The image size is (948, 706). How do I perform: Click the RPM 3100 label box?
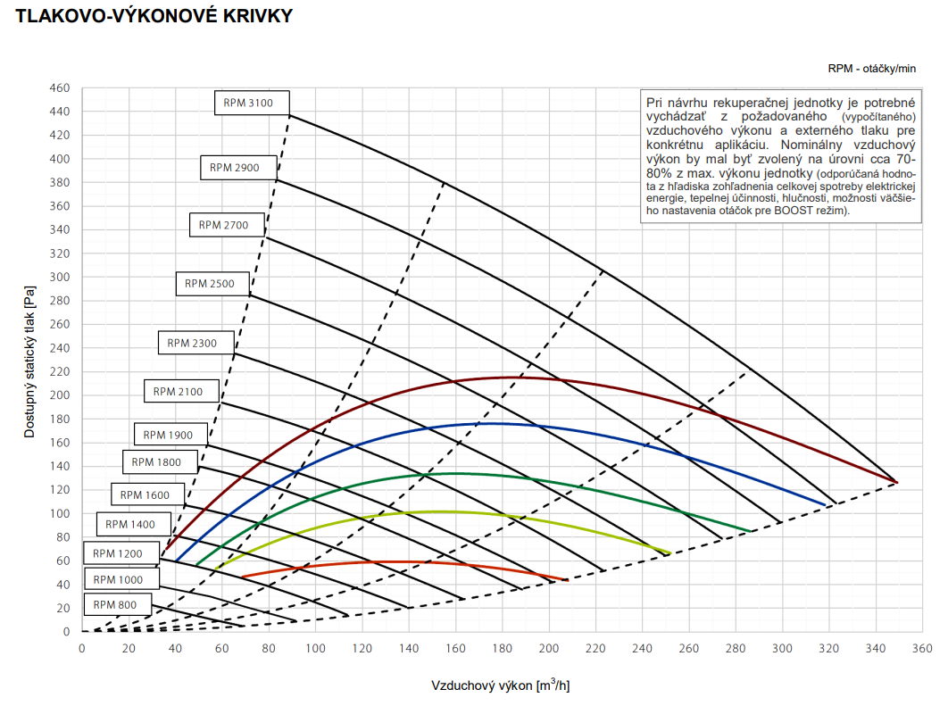pos(248,103)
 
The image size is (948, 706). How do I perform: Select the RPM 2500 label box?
pos(210,284)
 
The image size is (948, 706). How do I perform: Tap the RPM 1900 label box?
pos(168,435)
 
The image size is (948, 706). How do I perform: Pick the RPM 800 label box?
pos(115,604)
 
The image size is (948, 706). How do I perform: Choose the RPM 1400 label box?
pos(130,524)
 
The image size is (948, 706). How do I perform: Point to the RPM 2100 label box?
pos(178,391)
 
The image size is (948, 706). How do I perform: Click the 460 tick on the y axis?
pos(60,88)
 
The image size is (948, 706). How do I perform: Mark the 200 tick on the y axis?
pos(60,395)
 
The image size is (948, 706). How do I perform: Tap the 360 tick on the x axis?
pos(921,649)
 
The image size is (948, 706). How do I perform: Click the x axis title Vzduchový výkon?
pos(500,685)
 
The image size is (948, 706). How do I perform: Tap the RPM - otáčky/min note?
pos(871,69)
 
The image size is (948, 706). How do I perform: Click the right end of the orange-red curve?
pos(568,580)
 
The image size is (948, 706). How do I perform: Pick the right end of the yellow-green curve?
pos(669,553)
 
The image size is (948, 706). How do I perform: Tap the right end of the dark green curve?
pos(752,531)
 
